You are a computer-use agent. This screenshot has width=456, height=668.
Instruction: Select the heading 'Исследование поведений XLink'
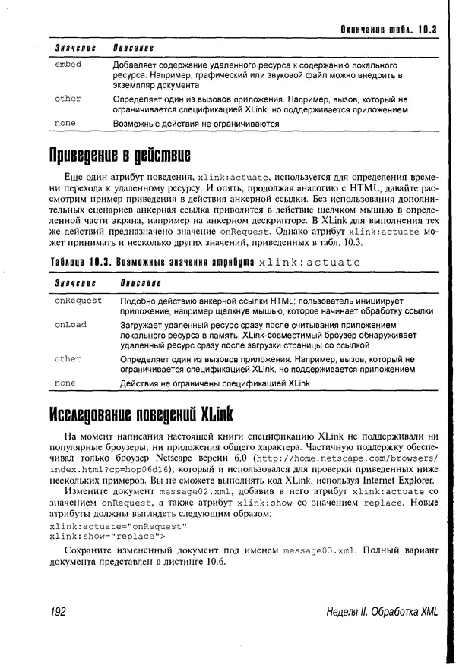pos(141,414)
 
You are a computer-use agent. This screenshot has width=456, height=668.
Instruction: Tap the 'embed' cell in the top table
pos(68,65)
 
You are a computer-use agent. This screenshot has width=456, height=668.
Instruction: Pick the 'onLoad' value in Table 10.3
pos(71,325)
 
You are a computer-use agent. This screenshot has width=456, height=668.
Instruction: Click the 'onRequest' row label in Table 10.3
pos(78,301)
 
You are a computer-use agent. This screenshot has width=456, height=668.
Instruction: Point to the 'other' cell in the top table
pos(68,99)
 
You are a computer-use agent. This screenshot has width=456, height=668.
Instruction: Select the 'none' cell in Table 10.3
pos(65,383)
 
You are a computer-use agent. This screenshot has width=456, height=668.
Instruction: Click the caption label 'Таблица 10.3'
pos(84,262)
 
